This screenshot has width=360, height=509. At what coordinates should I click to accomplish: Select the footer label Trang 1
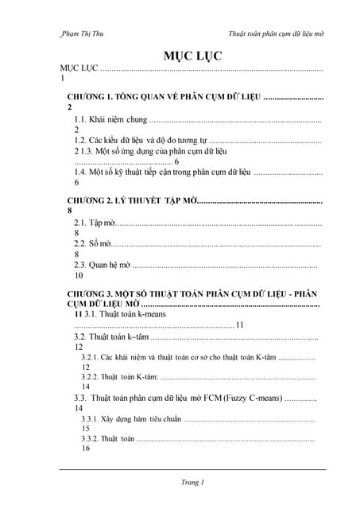(x=192, y=482)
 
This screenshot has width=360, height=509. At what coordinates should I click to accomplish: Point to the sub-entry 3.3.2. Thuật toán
(x=108, y=438)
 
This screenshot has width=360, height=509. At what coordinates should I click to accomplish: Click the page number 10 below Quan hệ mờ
(x=79, y=276)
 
